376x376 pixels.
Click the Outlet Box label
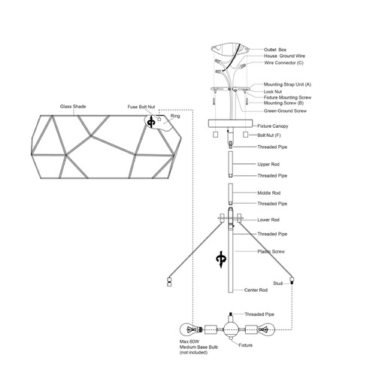[x=274, y=50]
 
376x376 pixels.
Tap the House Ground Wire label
[x=284, y=56]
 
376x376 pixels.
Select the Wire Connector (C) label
[x=284, y=62]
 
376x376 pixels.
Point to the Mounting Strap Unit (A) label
[x=287, y=84]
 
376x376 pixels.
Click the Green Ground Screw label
[x=285, y=111]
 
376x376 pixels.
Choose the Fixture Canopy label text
[x=273, y=126]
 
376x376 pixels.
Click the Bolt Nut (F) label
[x=269, y=135]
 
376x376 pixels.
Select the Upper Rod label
[x=268, y=165]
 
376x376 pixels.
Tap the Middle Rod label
[x=268, y=193]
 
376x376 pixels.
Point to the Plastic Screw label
[x=271, y=251]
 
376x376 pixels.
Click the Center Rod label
[x=256, y=290]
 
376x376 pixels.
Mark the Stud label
[x=277, y=284]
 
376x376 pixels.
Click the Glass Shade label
[x=73, y=107]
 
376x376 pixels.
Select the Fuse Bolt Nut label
[x=141, y=107]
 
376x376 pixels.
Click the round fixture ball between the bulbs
[x=231, y=329]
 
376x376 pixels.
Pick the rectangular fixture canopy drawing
[x=230, y=123]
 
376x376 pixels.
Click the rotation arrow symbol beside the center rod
[x=221, y=259]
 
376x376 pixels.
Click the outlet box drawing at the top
[x=230, y=50]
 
